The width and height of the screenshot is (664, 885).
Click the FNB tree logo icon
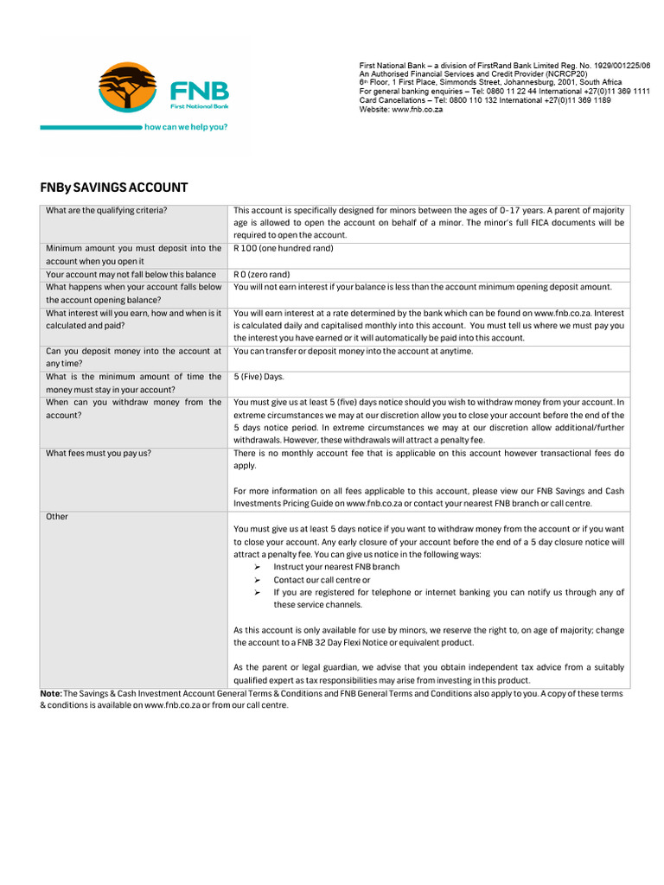pyautogui.click(x=128, y=87)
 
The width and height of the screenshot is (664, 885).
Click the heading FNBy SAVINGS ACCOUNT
pyautogui.click(x=114, y=188)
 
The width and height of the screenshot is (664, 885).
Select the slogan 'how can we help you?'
pyautogui.click(x=186, y=126)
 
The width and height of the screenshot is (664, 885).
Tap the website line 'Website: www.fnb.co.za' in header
pyautogui.click(x=401, y=110)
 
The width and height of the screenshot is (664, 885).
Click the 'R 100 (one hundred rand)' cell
pyautogui.click(x=284, y=248)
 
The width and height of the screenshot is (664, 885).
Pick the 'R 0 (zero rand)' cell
pyautogui.click(x=262, y=274)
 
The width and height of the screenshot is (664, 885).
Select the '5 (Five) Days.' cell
pyautogui.click(x=259, y=377)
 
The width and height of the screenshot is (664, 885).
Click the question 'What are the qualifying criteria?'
pyautogui.click(x=106, y=210)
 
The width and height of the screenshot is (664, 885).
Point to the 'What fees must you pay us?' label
pyautogui.click(x=99, y=453)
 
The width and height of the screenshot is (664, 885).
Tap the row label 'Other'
pyautogui.click(x=57, y=517)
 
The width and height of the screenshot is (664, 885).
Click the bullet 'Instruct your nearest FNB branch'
pyautogui.click(x=336, y=567)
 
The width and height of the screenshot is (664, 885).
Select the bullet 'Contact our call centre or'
pyautogui.click(x=322, y=580)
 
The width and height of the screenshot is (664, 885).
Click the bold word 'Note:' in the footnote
pyautogui.click(x=51, y=693)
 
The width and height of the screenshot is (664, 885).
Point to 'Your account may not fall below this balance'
pyautogui.click(x=131, y=274)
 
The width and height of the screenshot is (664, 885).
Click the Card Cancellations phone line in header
pyautogui.click(x=485, y=100)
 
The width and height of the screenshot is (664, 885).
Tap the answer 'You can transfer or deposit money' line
pyautogui.click(x=353, y=351)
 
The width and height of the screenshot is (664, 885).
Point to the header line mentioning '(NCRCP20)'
pyautogui.click(x=474, y=74)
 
